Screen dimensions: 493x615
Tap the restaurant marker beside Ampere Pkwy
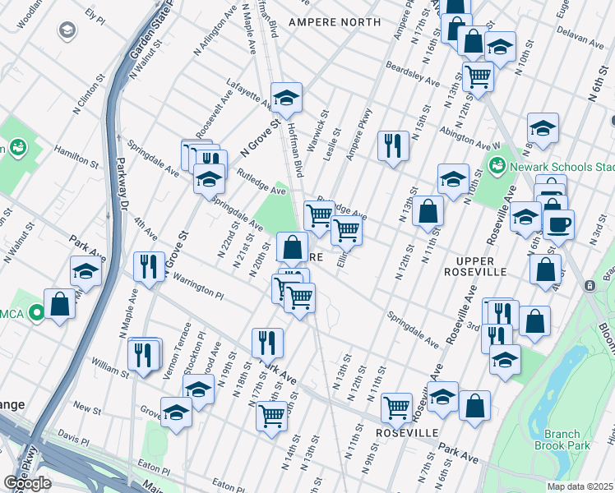coord(393,145)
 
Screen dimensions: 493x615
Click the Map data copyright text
coord(580,486)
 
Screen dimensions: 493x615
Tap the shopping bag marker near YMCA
coord(60,304)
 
